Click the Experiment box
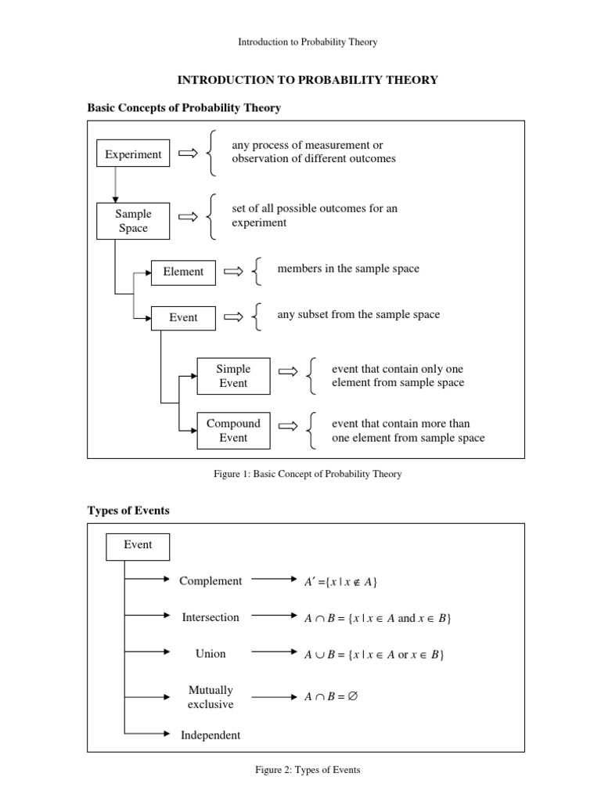click(133, 154)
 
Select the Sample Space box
click(133, 221)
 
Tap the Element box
click(183, 272)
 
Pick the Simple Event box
click(233, 376)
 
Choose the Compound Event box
click(233, 431)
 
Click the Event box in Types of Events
click(137, 545)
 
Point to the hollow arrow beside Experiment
click(188, 154)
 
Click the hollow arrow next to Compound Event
click(288, 426)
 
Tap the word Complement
click(211, 580)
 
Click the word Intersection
click(211, 617)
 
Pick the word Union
click(211, 653)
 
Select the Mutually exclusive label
click(211, 697)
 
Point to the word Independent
click(211, 735)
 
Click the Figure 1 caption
click(306, 474)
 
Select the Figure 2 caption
click(308, 770)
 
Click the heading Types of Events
click(128, 511)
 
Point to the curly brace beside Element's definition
click(257, 272)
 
